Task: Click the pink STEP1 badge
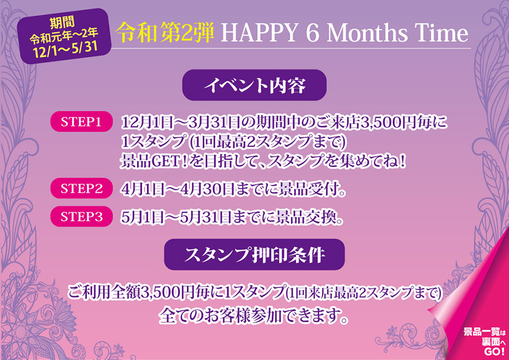(81, 122)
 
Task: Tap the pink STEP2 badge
(81, 188)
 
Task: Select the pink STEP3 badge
(81, 217)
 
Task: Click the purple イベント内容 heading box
(254, 85)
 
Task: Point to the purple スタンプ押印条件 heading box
(254, 254)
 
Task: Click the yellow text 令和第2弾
(165, 34)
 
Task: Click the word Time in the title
(437, 34)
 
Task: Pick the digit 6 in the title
(312, 34)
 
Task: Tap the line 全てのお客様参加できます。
(254, 315)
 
